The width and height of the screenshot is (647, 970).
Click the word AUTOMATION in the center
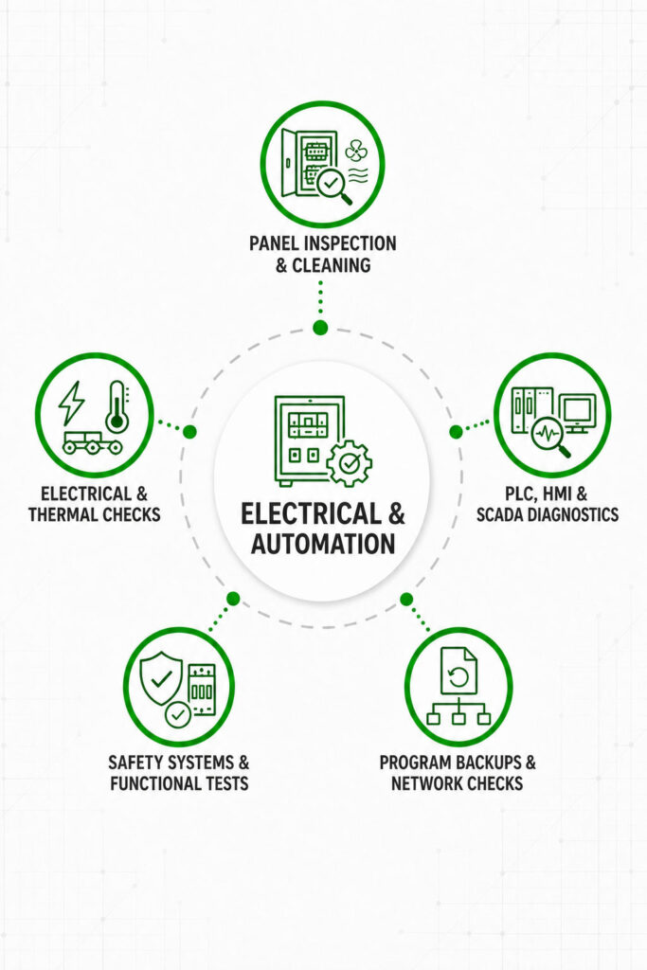point(323,544)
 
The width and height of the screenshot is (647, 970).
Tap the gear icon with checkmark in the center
point(349,462)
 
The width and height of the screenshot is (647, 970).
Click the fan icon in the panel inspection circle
point(356,151)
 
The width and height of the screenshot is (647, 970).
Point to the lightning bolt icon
point(71,403)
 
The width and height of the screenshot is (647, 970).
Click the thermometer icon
point(117,406)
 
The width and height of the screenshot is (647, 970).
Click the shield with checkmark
point(161,678)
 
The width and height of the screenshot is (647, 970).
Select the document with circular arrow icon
point(458,671)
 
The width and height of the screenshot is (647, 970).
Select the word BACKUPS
point(486,763)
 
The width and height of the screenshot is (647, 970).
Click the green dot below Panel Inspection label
point(320,328)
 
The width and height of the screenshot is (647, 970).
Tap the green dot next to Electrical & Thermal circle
point(189,432)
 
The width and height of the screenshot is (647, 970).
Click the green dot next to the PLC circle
point(456,432)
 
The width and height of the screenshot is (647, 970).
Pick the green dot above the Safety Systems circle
point(233,599)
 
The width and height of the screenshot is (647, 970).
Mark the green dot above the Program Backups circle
point(406,599)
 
